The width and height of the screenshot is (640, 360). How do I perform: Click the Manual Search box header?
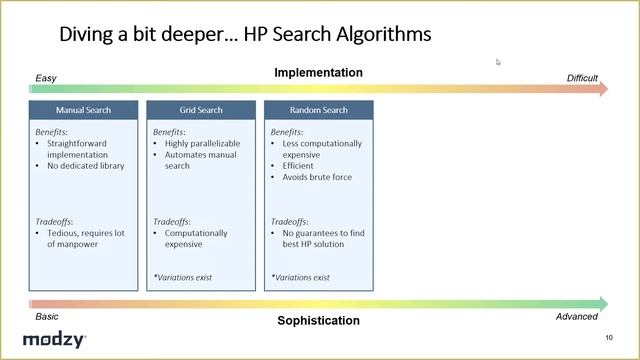tap(83, 110)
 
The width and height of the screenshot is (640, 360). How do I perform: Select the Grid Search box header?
tap(201, 110)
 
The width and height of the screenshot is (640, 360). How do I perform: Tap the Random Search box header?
tap(319, 110)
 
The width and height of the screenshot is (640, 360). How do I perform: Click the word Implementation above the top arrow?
tap(319, 72)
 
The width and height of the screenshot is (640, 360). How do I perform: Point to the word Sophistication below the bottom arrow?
tap(319, 321)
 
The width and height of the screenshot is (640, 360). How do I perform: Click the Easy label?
tap(47, 77)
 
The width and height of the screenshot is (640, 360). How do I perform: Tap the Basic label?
tap(47, 316)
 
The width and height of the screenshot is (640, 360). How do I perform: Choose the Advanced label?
tap(577, 316)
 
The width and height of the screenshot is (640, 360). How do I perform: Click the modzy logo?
tap(54, 340)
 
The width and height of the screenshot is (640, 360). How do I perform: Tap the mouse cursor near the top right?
tap(498, 62)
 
